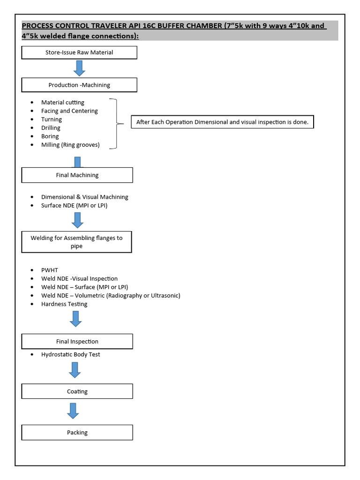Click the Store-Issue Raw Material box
point(79,52)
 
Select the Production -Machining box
point(79,85)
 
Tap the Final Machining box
point(77,175)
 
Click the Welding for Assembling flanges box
point(77,242)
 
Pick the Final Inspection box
point(77,342)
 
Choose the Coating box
point(77,391)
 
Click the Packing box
point(77,433)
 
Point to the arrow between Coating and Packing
point(73,411)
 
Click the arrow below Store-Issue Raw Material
point(79,68)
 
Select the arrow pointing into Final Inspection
point(75,318)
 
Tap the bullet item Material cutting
point(63,102)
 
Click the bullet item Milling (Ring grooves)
point(70,145)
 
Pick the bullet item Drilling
point(51,128)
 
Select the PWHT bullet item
point(49,270)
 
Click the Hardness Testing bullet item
point(64,304)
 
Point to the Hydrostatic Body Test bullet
point(70,354)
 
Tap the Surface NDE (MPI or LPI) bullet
point(74,205)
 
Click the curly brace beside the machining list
point(115,124)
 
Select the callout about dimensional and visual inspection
point(222,122)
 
